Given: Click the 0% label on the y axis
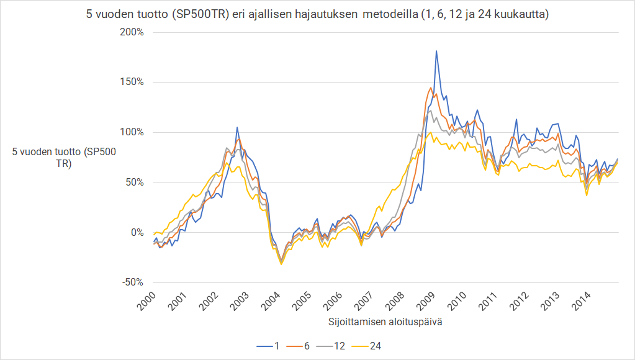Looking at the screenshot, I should coord(137,232).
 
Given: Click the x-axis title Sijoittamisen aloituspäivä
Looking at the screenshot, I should coord(385,323).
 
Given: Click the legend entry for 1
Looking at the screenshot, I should coord(269,346).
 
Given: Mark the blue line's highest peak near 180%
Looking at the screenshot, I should coord(436,51).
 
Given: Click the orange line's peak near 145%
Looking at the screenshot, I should coord(431,87).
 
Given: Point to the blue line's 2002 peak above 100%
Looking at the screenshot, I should coord(237,127).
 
